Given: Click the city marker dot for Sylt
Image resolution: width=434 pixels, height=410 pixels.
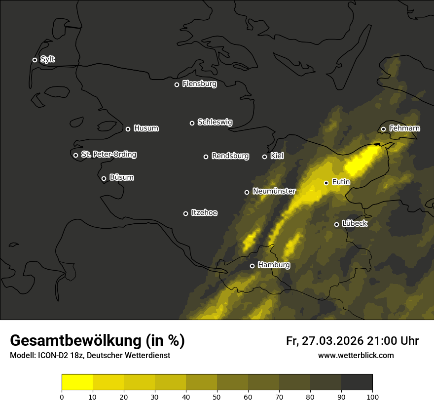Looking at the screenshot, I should [35, 60].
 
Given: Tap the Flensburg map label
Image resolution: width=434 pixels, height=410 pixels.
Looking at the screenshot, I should [199, 84].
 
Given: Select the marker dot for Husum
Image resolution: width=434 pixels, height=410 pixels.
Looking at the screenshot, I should [128, 129].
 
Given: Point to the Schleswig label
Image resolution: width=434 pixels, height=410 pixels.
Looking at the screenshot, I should [215, 122].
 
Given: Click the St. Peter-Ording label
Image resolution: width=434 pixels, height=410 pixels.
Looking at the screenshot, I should [108, 155].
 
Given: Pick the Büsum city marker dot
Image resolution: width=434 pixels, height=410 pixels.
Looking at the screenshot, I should [104, 179].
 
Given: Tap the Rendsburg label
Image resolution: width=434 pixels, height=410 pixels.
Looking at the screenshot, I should [230, 156].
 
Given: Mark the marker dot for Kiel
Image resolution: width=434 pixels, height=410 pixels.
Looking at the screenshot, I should [264, 157].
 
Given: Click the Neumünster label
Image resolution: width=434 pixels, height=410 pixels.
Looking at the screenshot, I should [274, 191].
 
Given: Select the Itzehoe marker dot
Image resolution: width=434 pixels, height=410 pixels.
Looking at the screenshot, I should [185, 213].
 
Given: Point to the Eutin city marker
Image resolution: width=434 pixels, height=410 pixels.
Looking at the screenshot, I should [326, 183].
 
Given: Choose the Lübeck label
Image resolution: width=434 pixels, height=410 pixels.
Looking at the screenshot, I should [354, 224].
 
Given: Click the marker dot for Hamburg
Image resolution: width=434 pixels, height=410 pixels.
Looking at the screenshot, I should [252, 266].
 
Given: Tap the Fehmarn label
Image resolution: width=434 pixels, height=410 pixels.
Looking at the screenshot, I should [404, 128].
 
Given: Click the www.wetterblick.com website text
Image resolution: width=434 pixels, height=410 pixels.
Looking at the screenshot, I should [356, 356].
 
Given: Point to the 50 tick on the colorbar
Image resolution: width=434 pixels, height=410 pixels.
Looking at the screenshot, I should [217, 396].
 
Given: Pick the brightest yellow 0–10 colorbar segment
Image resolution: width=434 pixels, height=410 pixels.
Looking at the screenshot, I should [77, 382].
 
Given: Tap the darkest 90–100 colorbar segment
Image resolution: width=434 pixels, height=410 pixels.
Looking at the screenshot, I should [357, 382].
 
